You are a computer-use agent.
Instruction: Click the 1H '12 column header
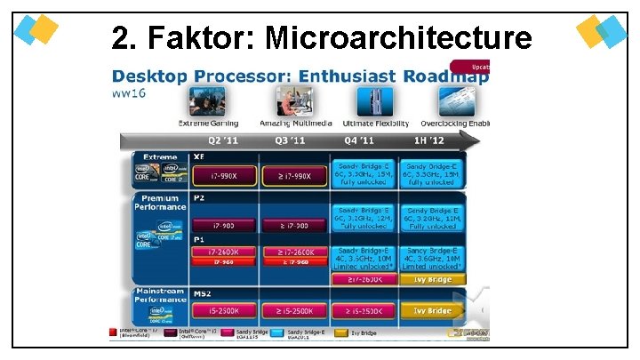point(429,140)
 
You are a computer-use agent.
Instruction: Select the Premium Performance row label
point(160,203)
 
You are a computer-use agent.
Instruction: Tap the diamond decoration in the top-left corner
point(37,29)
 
